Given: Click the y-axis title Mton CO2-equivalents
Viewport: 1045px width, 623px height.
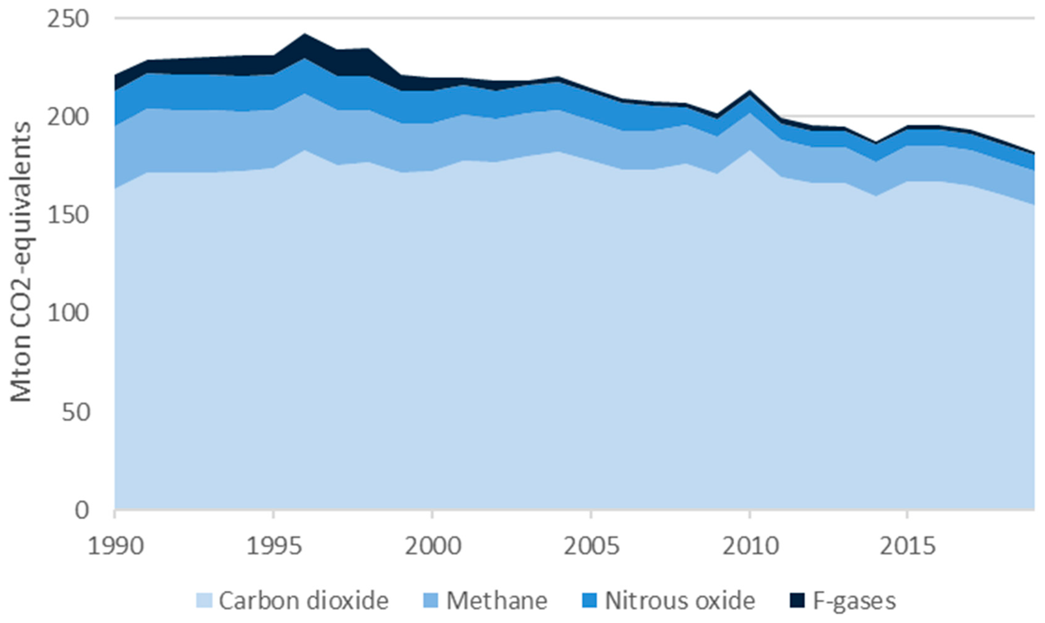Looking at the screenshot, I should [21, 262].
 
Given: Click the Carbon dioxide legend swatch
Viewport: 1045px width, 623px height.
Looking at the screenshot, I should [204, 601].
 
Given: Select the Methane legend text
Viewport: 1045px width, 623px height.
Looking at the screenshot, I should [497, 601].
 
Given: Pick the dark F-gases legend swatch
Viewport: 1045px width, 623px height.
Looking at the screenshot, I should [797, 601].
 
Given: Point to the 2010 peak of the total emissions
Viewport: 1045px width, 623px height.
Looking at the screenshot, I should [749, 91].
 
